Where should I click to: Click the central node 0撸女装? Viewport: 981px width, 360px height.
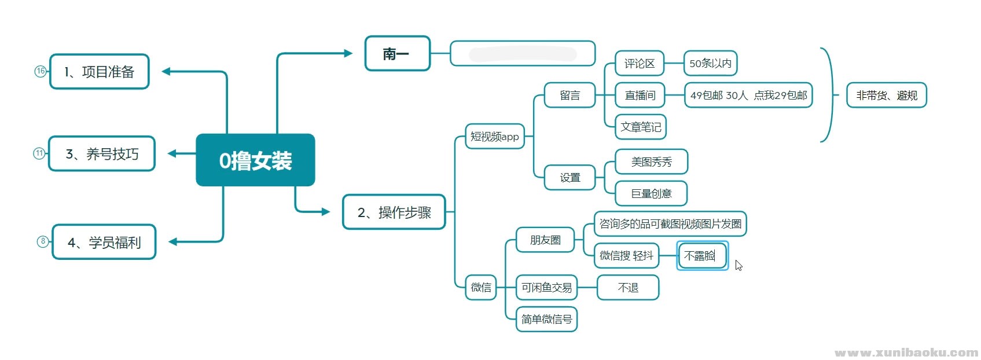pos(255,160)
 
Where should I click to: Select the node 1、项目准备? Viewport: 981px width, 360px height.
pos(100,72)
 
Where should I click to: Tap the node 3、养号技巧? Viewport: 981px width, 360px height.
pos(102,154)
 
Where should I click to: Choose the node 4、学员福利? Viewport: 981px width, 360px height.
pos(104,242)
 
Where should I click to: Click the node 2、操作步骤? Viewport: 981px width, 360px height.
pos(394,212)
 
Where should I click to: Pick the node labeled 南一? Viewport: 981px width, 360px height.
pos(397,54)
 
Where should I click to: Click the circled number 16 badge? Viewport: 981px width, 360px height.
pos(41,71)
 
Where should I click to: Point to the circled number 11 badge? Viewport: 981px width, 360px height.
pos(39,153)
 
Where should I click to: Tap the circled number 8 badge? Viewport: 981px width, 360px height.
pos(43,241)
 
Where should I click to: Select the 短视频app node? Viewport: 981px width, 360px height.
pos(495,137)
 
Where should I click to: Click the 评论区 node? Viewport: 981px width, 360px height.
pos(639,64)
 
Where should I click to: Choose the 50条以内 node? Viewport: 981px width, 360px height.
pos(710,64)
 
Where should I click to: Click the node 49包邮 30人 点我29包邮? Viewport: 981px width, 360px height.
pos(748,95)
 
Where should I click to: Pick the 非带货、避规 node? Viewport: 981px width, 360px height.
pos(887,95)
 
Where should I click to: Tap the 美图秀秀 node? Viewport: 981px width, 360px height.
pos(651,162)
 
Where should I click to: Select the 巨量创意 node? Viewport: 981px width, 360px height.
pos(651,193)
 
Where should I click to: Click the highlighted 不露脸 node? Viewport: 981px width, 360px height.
pos(701,256)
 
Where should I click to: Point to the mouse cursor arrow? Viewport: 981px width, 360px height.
pos(738,265)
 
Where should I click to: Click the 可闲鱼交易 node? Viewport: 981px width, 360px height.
pos(546,288)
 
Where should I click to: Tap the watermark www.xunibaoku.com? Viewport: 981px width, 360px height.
pos(906,352)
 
